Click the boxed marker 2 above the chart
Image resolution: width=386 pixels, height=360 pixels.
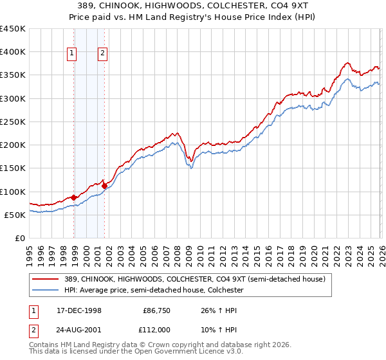click(x=102, y=54)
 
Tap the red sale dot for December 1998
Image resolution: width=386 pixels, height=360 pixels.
click(x=74, y=197)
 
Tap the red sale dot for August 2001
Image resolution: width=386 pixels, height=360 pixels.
click(x=104, y=186)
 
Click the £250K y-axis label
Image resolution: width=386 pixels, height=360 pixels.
click(x=13, y=122)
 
